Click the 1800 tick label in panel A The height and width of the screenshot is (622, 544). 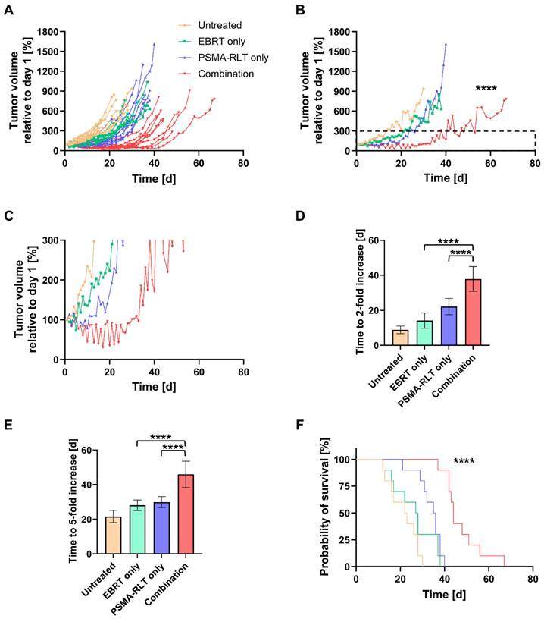(x=48, y=32)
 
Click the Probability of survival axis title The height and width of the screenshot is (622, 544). (x=324, y=511)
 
